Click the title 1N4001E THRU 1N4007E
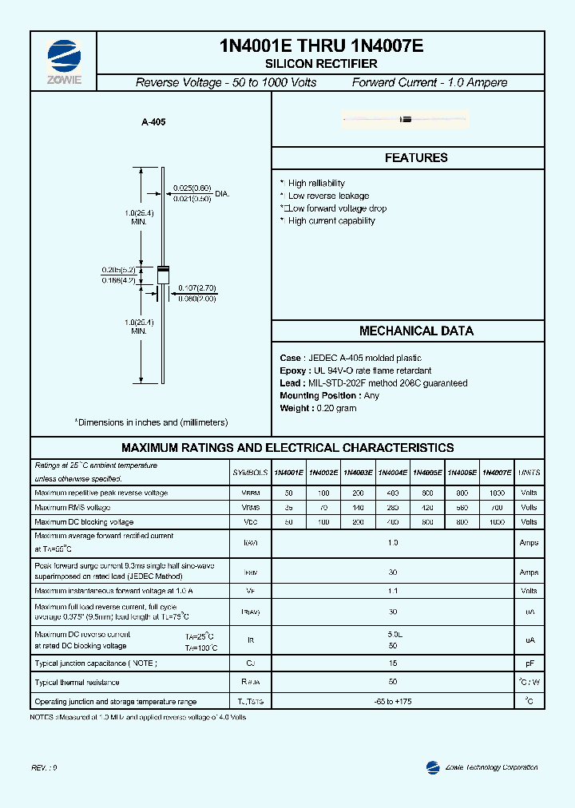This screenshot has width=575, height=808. click(321, 47)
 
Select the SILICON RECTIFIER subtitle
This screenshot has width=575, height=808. click(321, 64)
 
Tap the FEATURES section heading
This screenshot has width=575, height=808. click(416, 158)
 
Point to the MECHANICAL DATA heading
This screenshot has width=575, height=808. click(416, 331)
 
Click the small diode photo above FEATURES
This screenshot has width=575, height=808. click(405, 120)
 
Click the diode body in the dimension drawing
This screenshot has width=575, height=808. click(162, 274)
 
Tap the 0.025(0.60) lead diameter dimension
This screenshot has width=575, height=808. click(192, 188)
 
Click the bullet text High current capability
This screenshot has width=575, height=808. click(331, 221)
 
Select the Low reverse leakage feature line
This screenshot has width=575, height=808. click(328, 196)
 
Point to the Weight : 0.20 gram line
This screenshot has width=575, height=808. click(318, 408)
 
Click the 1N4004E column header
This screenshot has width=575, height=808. click(393, 473)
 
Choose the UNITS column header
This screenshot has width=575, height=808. click(529, 473)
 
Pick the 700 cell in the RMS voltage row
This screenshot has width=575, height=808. click(497, 508)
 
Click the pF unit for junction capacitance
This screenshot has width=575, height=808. click(529, 663)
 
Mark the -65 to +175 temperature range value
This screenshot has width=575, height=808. click(393, 702)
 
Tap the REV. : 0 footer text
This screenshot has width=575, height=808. click(45, 767)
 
